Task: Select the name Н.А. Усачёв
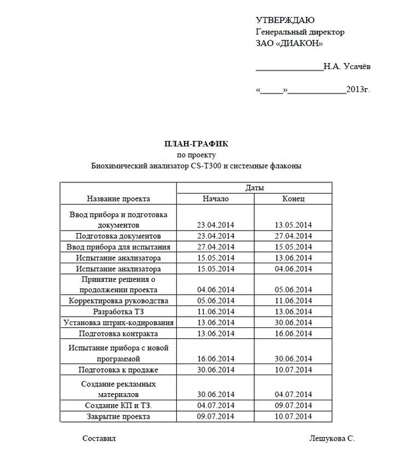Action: (346, 66)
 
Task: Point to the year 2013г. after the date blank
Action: (358, 89)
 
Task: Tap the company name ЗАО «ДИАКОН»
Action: (289, 43)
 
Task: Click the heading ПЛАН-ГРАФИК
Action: (196, 144)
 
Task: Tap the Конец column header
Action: (293, 198)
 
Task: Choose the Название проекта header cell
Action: (118, 198)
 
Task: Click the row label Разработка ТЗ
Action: (118, 311)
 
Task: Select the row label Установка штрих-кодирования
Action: (118, 323)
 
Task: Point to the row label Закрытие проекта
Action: (118, 416)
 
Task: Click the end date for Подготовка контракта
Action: (293, 334)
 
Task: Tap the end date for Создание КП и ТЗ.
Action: (293, 405)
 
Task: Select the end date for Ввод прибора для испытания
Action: (293, 247)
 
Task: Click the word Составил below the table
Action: (99, 438)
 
